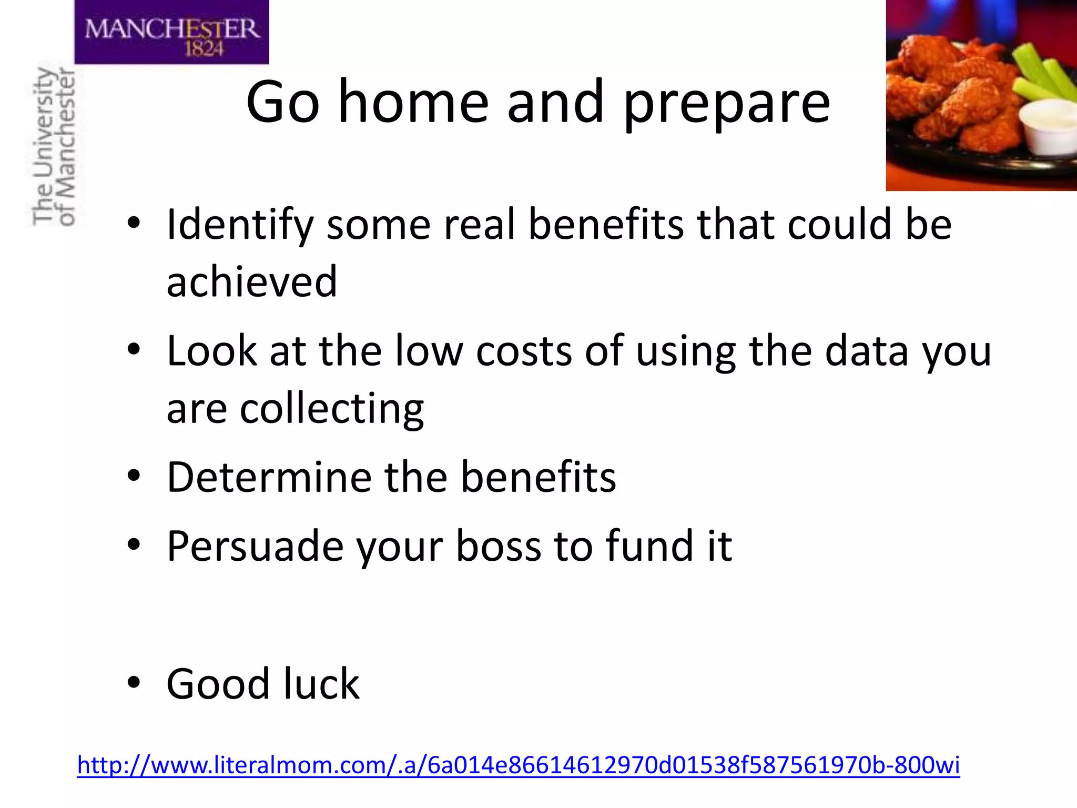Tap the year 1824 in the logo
[x=204, y=49]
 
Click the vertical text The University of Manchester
[x=54, y=146]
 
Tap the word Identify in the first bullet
[x=239, y=225]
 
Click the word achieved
[x=251, y=282]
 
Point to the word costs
[x=523, y=351]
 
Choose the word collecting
[x=331, y=409]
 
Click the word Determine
[x=269, y=477]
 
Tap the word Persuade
[x=255, y=547]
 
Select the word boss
[x=498, y=547]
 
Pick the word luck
[x=321, y=684]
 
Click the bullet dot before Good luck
[x=134, y=683]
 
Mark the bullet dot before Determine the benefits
[x=134, y=476]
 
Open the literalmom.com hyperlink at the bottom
[x=518, y=765]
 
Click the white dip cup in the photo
[x=1046, y=126]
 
